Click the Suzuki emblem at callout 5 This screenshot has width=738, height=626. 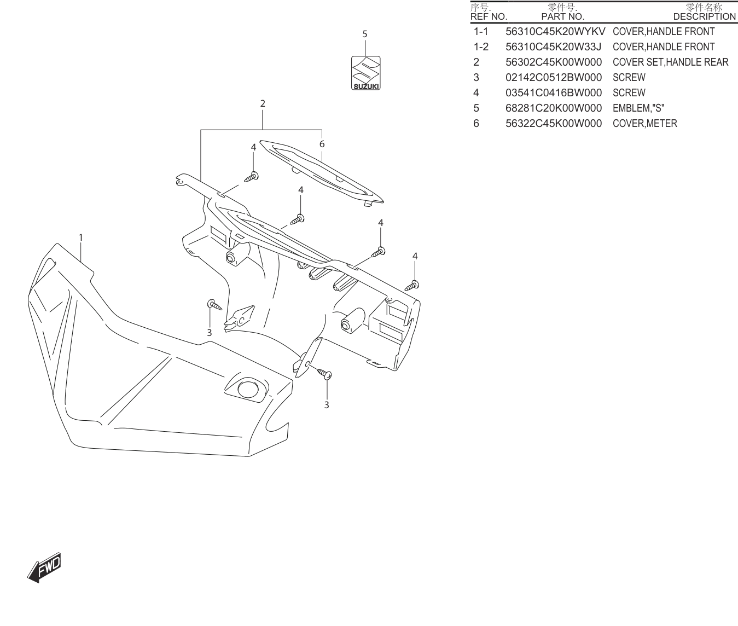(x=365, y=73)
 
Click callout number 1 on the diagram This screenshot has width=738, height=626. (x=80, y=237)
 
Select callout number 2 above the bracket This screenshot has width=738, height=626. (x=263, y=103)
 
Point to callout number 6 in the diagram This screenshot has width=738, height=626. (x=322, y=144)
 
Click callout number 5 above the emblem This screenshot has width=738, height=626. (x=364, y=34)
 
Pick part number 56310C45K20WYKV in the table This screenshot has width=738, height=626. (x=555, y=32)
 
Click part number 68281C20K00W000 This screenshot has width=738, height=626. (x=554, y=108)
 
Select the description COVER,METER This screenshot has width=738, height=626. (x=645, y=124)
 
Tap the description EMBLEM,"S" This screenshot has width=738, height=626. (x=638, y=108)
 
